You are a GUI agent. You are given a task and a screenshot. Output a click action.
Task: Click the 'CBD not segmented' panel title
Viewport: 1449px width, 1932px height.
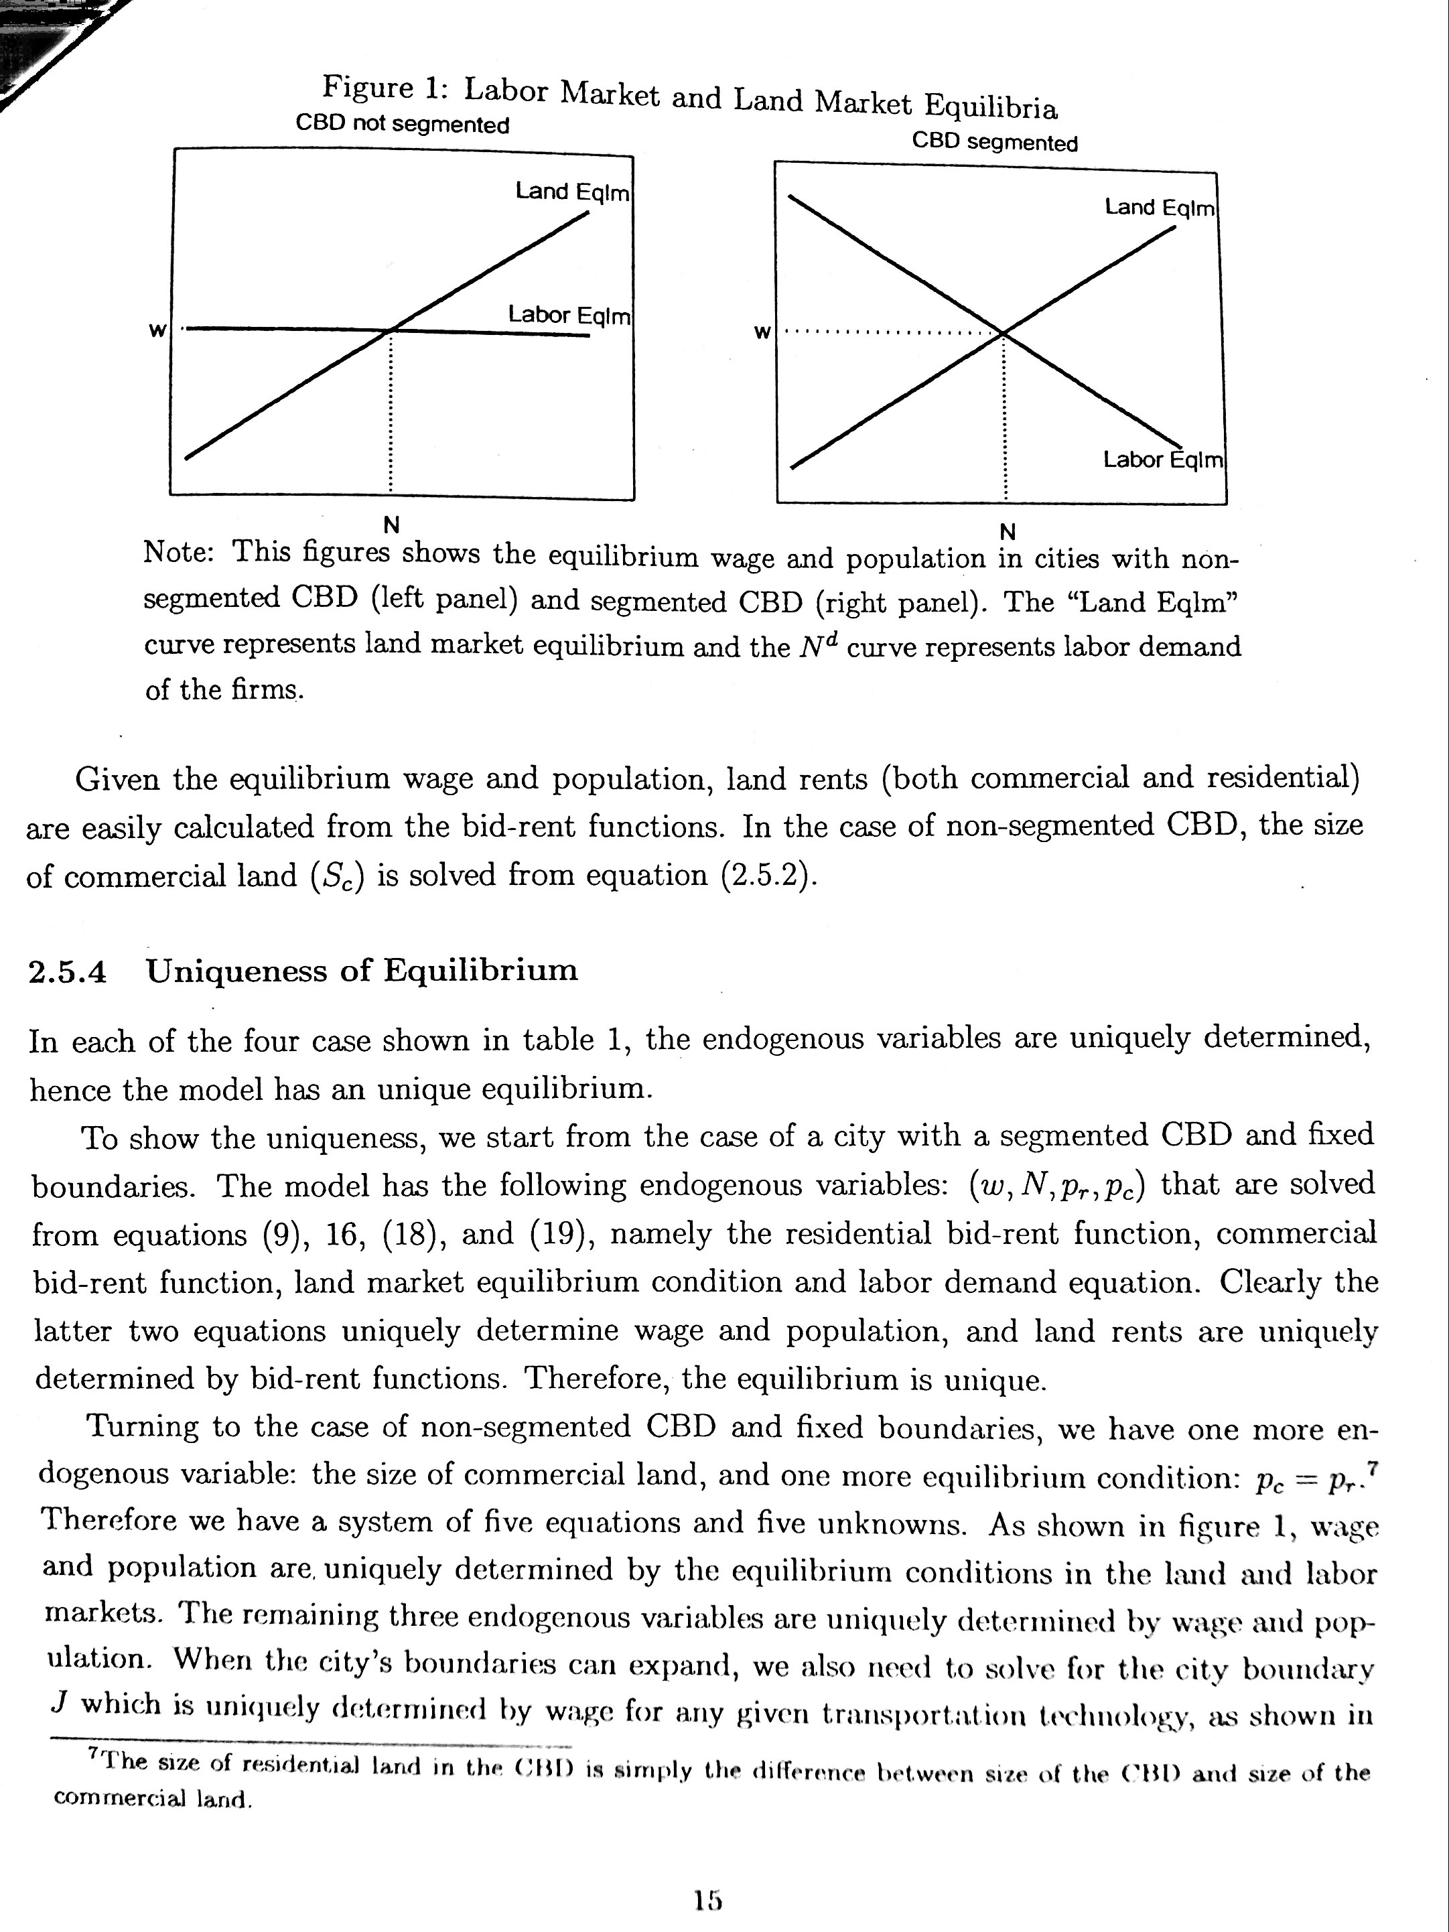pos(402,124)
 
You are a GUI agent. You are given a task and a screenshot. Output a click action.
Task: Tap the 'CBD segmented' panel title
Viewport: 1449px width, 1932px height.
pos(994,143)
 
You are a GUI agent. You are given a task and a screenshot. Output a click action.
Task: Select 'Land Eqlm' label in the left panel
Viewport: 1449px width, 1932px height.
pos(571,192)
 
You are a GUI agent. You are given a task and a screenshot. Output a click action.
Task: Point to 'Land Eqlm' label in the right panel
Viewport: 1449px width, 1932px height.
pos(1159,207)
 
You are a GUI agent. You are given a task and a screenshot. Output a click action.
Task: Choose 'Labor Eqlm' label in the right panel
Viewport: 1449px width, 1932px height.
pos(1162,460)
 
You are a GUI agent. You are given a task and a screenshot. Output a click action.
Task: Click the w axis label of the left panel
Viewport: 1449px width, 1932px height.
pos(157,331)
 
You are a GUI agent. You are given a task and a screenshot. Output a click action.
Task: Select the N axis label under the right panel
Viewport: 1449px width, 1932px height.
pos(1007,531)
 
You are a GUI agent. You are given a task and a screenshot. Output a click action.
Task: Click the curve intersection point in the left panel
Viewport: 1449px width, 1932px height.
pos(391,330)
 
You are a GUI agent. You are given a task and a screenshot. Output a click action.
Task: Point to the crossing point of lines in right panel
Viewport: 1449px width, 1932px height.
pos(1004,333)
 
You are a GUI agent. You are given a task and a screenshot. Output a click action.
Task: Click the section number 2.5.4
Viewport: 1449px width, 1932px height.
pos(67,972)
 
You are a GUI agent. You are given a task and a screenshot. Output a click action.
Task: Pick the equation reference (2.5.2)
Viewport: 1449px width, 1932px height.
pos(768,875)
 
